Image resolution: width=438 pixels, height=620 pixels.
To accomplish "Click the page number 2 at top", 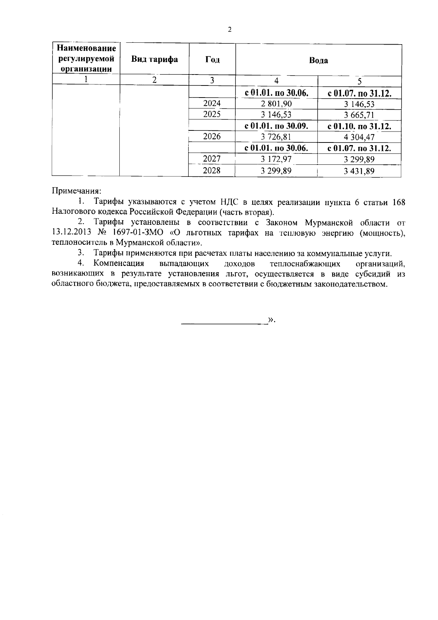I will point(230,30).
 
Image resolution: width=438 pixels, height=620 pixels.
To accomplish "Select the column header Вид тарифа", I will point(155,60).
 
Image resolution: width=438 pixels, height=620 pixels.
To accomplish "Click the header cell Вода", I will point(318,60).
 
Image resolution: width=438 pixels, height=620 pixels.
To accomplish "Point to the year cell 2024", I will point(212,103).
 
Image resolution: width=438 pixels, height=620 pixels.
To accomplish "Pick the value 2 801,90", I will point(276,104).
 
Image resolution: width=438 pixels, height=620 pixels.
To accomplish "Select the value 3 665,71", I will point(359,115).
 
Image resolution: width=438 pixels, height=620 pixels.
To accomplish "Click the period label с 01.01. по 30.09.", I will point(276,126).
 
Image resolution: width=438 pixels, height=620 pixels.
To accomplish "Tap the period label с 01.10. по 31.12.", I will point(359,126).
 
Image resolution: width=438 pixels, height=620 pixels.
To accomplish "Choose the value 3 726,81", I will point(276,137).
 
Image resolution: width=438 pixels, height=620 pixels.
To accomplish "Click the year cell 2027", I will point(212,159).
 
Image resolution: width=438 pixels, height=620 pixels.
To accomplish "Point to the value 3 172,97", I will point(276,159).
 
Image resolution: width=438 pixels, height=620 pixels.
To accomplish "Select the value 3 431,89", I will point(359,171).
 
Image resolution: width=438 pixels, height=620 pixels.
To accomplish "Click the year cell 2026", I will point(212,137).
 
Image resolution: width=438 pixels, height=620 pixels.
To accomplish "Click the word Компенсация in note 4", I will point(119,263).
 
